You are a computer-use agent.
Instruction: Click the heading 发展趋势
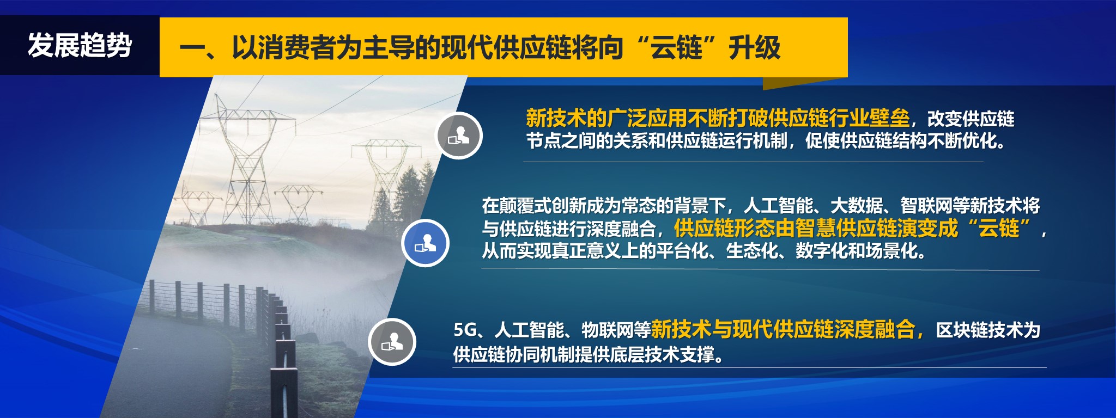click(80, 45)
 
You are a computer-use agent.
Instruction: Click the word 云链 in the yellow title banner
click(676, 48)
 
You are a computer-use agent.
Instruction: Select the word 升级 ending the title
click(755, 48)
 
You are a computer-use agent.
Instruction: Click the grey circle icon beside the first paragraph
click(459, 136)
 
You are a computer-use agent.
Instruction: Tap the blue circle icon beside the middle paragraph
click(425, 243)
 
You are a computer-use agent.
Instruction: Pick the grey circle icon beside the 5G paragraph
click(392, 342)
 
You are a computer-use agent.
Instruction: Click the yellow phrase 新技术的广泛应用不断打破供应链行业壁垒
click(718, 118)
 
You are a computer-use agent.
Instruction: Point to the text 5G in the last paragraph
click(465, 329)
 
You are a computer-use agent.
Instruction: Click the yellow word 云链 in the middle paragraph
click(999, 228)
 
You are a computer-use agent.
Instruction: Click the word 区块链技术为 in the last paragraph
click(988, 330)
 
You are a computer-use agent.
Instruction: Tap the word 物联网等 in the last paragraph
click(616, 330)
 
